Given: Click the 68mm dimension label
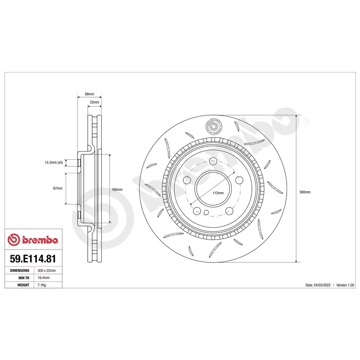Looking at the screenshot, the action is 89,94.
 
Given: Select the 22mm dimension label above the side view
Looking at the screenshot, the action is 94,102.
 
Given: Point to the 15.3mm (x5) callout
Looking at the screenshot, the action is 54,162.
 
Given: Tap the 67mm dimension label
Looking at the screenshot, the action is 58,188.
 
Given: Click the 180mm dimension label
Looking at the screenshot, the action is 117,189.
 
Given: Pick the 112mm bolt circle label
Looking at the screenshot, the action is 218,193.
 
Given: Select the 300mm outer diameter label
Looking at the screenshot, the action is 305,192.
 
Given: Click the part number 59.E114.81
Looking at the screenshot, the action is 33,258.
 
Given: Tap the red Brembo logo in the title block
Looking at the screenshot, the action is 33,240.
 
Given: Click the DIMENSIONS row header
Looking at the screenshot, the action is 19,270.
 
